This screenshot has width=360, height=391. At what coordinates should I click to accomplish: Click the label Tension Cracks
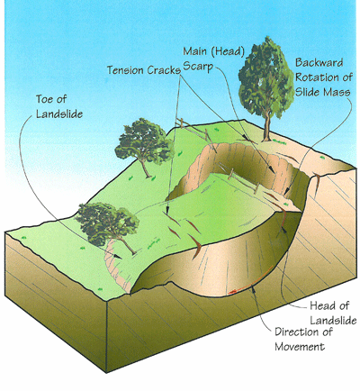[144, 70]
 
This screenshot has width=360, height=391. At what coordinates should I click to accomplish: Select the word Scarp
[198, 67]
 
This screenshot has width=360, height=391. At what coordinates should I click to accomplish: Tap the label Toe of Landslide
[59, 106]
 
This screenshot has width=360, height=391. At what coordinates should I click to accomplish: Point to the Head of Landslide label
[333, 313]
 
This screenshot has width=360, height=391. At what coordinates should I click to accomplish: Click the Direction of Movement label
[303, 340]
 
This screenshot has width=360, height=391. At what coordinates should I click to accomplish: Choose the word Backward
[319, 63]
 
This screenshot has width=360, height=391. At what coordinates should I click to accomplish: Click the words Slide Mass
[323, 92]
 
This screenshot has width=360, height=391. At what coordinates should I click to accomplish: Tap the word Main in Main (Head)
[195, 51]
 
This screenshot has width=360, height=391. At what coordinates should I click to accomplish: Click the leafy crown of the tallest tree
[266, 78]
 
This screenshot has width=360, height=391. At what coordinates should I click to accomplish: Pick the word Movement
[300, 347]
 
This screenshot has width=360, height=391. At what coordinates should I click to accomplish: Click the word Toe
[47, 99]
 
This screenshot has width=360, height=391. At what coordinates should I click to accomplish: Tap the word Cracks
[164, 70]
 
